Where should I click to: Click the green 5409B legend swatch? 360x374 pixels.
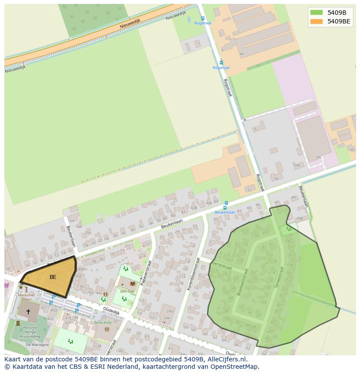pyautogui.click(x=317, y=13)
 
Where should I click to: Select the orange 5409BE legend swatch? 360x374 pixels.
pyautogui.click(x=317, y=21)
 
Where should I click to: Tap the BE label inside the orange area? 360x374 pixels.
pyautogui.click(x=53, y=277)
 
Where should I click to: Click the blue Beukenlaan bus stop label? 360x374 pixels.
pyautogui.click(x=225, y=212)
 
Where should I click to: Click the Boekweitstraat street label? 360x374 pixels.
pyautogui.click(x=242, y=282)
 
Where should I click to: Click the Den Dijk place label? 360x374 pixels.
pyautogui.click(x=127, y=291)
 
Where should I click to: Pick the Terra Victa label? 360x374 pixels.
pyautogui.click(x=103, y=323)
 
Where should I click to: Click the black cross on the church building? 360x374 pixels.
pyautogui.click(x=28, y=311)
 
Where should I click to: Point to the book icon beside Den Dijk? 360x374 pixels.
pyautogui.click(x=132, y=284)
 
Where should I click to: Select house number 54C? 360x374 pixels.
pyautogui.click(x=319, y=157)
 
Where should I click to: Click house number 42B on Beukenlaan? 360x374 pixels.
pyautogui.click(x=193, y=208)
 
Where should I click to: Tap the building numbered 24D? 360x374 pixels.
pyautogui.click(x=170, y=311)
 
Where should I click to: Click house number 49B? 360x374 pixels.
pyautogui.click(x=299, y=218)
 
